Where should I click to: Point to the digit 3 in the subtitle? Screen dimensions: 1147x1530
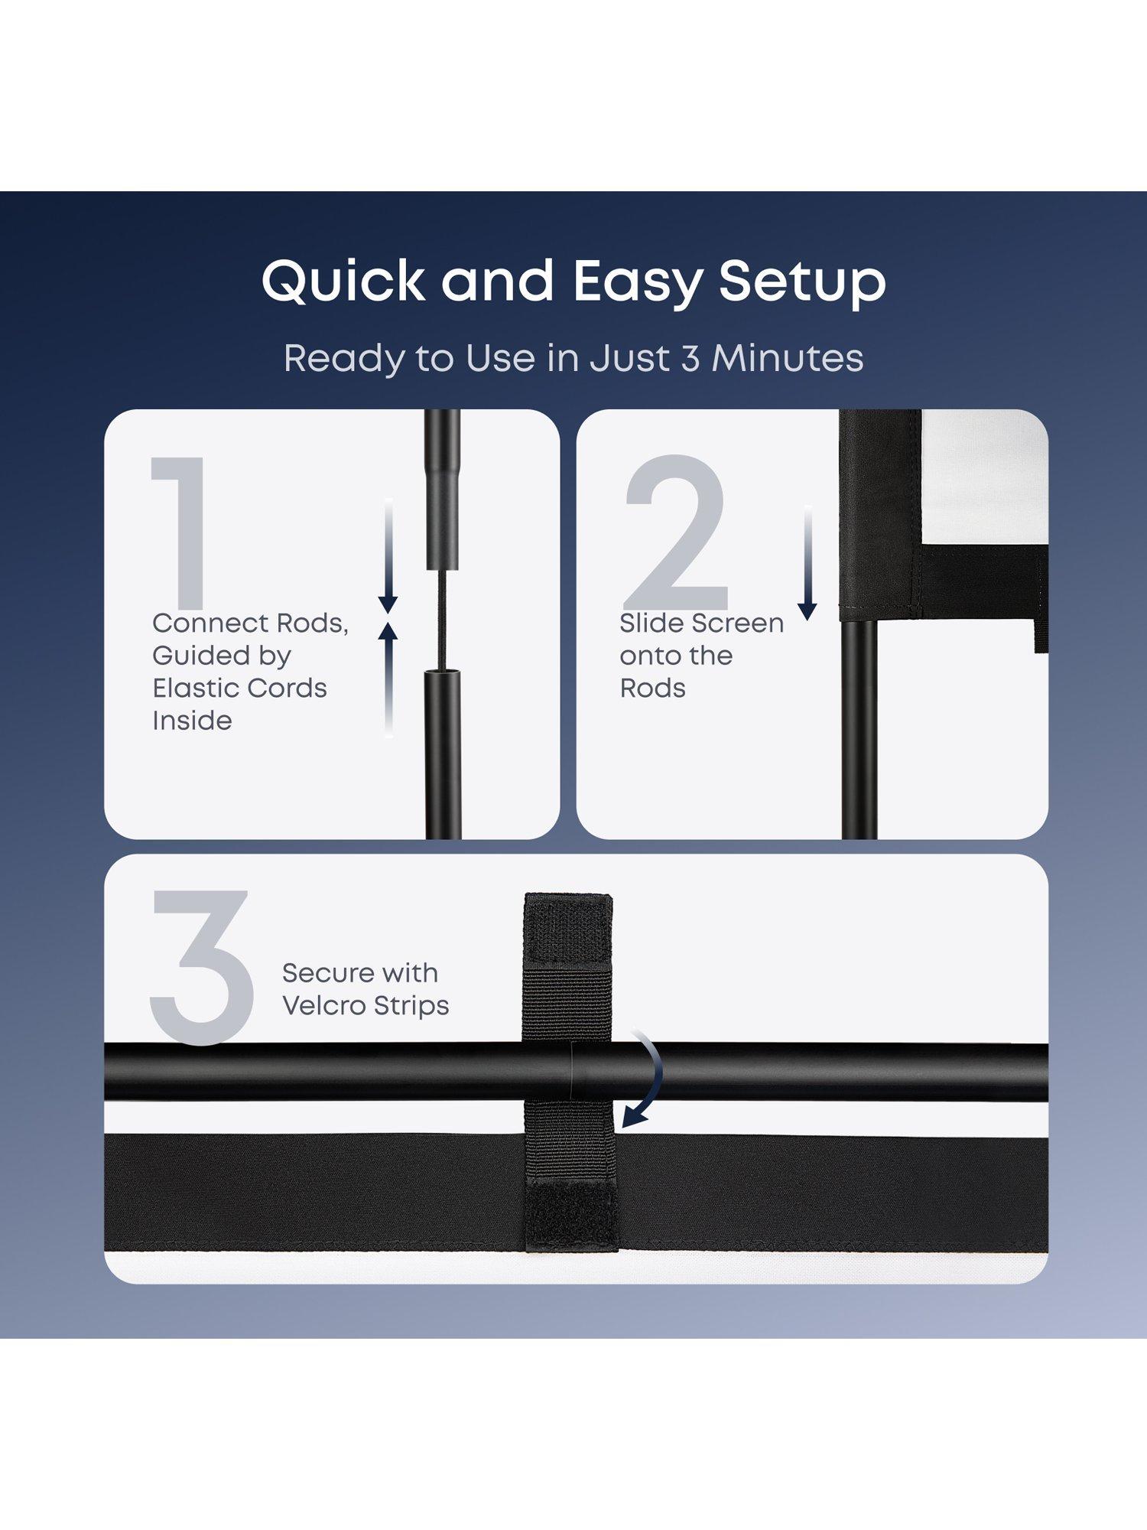tap(690, 359)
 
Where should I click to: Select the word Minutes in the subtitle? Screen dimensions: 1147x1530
tap(788, 358)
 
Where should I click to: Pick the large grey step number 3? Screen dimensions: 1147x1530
tap(202, 967)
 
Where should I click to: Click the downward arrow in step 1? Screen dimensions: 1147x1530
tap(388, 555)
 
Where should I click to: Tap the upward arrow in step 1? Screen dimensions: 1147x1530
tap(388, 679)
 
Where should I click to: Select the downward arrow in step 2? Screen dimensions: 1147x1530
tap(807, 562)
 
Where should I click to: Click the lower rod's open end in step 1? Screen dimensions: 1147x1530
tap(444, 672)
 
